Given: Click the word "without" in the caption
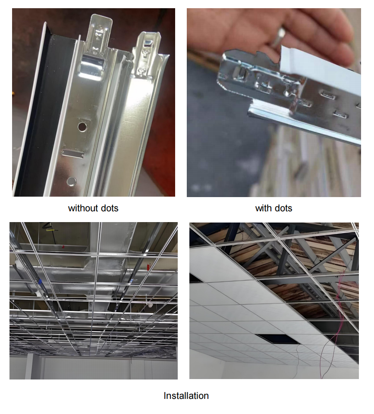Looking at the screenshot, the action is coord(83,208).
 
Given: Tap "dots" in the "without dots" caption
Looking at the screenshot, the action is coord(110,208).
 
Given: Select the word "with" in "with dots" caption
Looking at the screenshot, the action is coord(263,208).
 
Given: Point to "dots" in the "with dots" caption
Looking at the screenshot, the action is coord(283,208).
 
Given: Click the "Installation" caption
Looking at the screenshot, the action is coord(186,395).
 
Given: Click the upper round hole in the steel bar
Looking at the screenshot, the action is coord(82,127).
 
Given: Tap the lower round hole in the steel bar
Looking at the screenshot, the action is coord(71,181).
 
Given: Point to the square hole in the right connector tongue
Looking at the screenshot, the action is coord(148,42).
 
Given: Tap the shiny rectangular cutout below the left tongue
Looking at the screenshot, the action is coord(92,65).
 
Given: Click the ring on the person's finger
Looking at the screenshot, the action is coord(279,36).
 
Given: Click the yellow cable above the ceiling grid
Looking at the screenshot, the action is coord(50,229).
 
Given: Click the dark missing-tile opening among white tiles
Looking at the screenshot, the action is coord(277,339).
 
